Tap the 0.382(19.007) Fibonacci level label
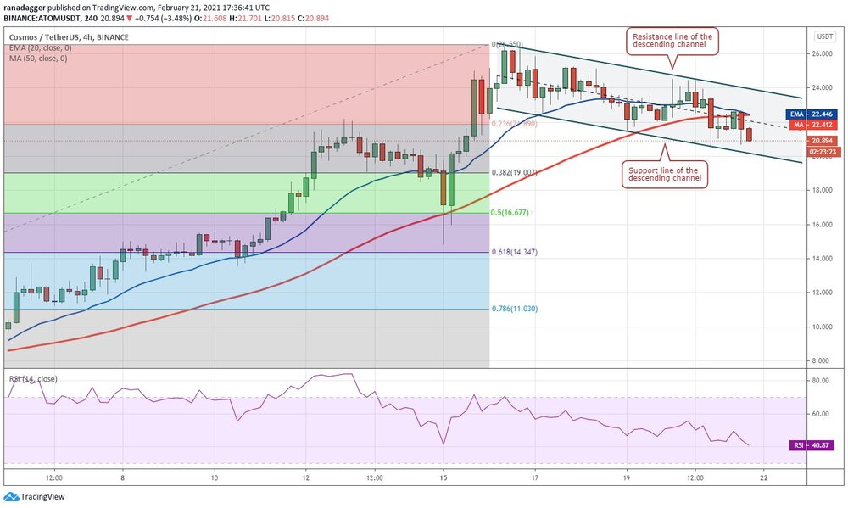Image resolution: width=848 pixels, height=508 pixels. [515, 172]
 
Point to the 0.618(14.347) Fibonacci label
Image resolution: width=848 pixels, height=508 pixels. [515, 252]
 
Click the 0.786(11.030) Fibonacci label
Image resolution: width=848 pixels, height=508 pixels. [515, 309]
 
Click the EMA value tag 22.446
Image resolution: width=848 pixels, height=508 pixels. [819, 114]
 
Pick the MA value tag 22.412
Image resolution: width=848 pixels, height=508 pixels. [819, 125]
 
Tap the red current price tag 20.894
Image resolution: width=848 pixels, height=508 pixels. [823, 141]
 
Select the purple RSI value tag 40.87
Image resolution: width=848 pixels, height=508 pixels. [819, 444]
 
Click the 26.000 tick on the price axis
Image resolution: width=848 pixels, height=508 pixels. [820, 53]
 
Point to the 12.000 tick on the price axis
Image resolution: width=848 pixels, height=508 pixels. [820, 293]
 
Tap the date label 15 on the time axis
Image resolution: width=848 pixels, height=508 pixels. [443, 477]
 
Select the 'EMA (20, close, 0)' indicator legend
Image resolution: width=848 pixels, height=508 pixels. [42, 49]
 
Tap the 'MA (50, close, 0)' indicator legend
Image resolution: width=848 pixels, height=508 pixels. [40, 59]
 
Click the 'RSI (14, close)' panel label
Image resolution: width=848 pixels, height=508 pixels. [33, 378]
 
